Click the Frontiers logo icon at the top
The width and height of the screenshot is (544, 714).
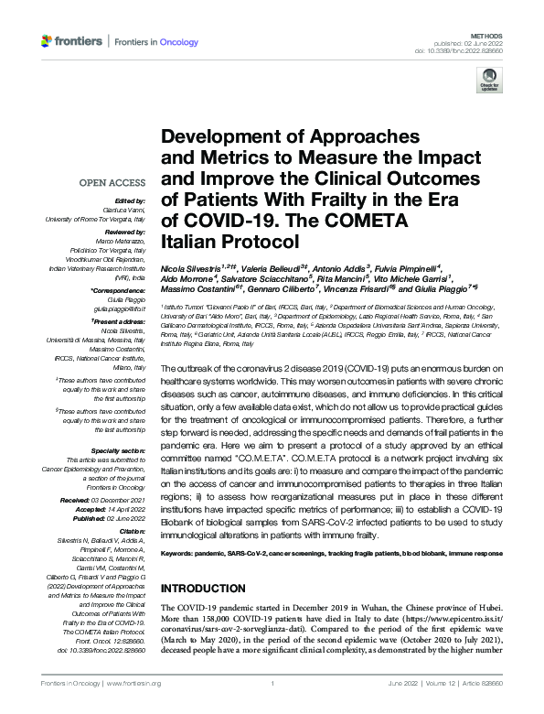click(x=47, y=42)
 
